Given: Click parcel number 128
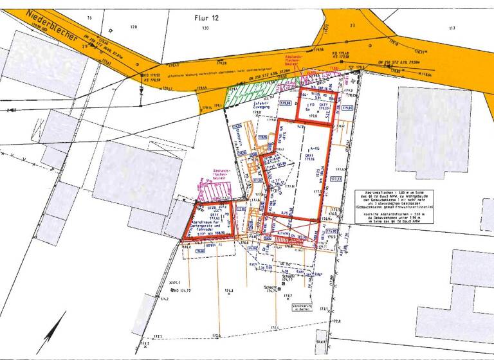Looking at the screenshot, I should (134, 27).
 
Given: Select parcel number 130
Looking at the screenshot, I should (205, 29).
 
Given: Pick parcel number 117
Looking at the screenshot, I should (452, 28).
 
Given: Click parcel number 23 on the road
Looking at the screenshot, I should (352, 25).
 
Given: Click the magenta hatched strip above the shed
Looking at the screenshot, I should (217, 192).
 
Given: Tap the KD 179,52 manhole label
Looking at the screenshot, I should (152, 77).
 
